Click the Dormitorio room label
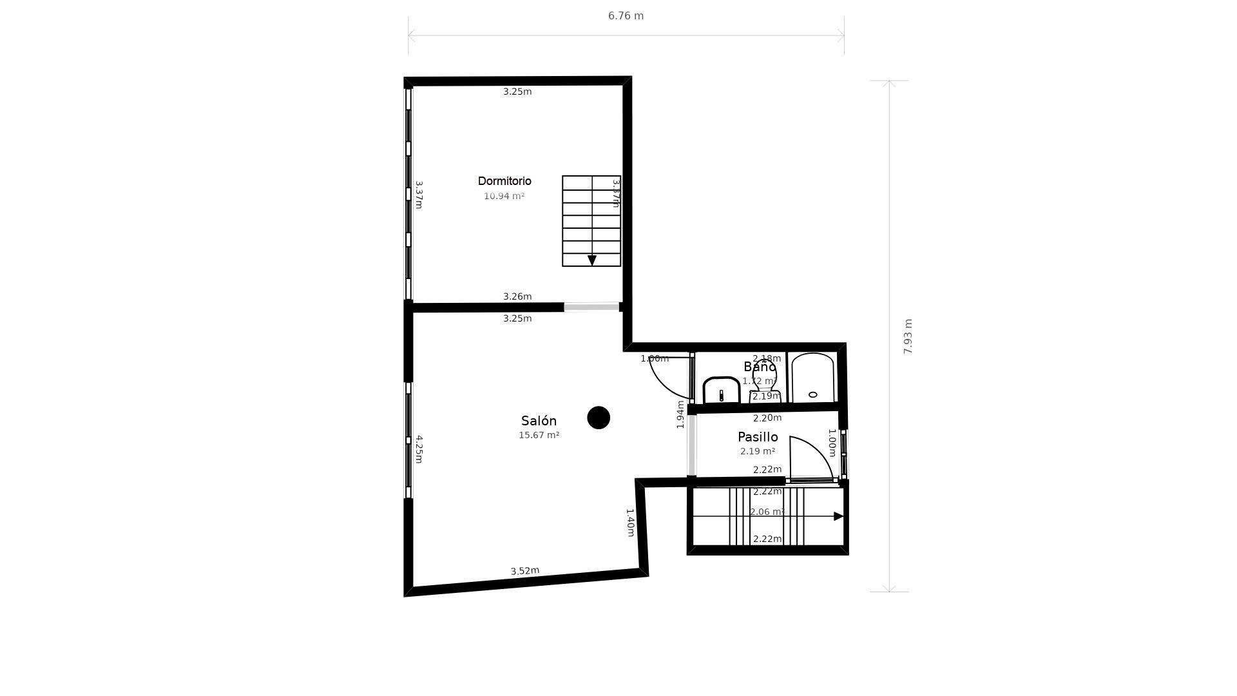(504, 181)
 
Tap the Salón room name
(539, 421)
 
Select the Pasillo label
(758, 437)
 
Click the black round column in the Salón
(599, 418)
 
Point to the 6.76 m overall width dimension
(626, 16)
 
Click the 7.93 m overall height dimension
(908, 336)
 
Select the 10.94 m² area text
(504, 196)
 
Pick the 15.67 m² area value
(539, 436)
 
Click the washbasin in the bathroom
(721, 391)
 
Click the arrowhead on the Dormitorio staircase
(592, 260)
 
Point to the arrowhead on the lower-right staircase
(838, 516)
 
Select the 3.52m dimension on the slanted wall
(524, 571)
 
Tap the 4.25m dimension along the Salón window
(419, 449)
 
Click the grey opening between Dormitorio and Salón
(591, 307)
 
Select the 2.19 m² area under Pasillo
(758, 452)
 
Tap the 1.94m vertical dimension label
(680, 414)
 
